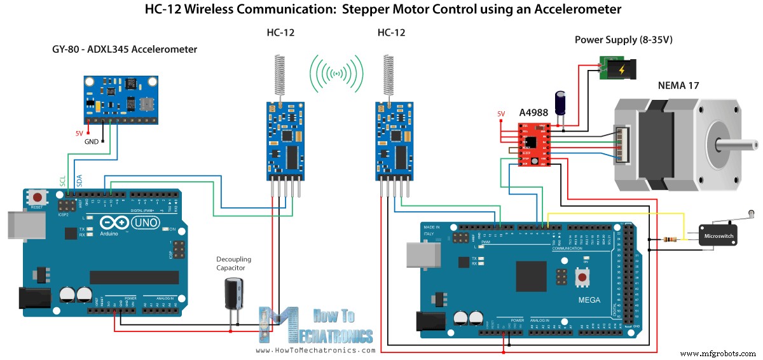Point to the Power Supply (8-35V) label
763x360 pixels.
pos(623,39)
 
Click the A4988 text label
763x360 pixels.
pos(533,113)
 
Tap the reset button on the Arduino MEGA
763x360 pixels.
pos(581,277)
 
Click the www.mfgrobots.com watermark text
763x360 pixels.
pos(718,352)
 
